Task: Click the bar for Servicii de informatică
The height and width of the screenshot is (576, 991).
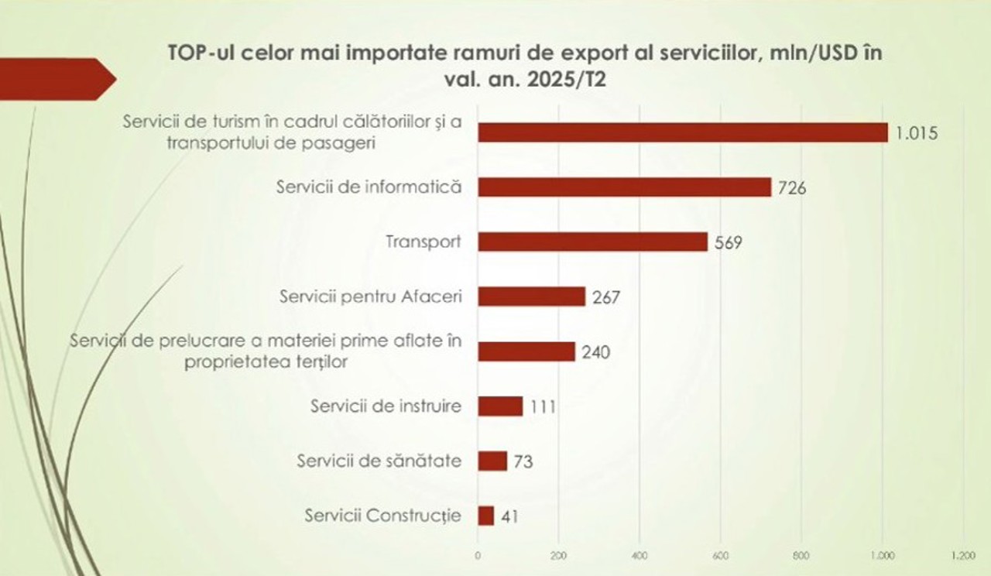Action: point(624,187)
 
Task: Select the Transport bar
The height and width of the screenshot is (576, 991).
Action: point(592,242)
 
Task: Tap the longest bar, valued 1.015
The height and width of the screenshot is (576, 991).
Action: point(682,132)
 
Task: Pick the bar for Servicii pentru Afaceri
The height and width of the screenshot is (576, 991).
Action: point(531,297)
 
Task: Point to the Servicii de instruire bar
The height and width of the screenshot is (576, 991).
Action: point(500,406)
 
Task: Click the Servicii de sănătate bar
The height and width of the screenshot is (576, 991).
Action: point(492,461)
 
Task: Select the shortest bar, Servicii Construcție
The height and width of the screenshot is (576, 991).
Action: point(486,516)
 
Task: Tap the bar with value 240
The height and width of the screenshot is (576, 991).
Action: point(526,351)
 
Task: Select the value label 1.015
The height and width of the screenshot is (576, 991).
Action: point(917,133)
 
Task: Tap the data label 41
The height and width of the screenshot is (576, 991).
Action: point(509,516)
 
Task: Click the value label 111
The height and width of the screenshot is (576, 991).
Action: point(544,406)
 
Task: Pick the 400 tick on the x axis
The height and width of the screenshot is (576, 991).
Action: point(640,555)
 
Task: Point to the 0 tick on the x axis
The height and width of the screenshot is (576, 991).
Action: point(478,555)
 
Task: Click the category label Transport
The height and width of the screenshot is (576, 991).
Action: point(423,242)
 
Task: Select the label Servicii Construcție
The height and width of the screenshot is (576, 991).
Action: point(383,516)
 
